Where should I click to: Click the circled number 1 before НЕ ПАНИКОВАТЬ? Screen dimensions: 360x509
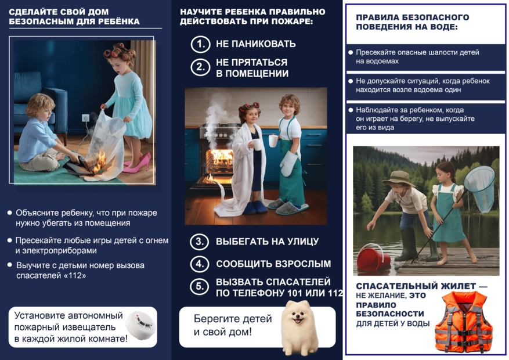[x=200, y=44]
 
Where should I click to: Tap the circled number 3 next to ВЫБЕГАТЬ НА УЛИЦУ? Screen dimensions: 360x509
[x=200, y=242]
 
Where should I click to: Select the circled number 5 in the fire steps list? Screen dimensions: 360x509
[x=200, y=287]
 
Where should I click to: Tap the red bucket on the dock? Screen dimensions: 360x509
[x=373, y=257]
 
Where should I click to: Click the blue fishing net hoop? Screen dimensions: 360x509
[x=479, y=181]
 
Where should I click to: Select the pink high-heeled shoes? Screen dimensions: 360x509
[x=137, y=163]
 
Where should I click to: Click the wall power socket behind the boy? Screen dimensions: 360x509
[x=86, y=118]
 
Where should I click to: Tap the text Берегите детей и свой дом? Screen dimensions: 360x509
[x=224, y=325]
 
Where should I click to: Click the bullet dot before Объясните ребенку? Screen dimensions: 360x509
[x=9, y=213]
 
